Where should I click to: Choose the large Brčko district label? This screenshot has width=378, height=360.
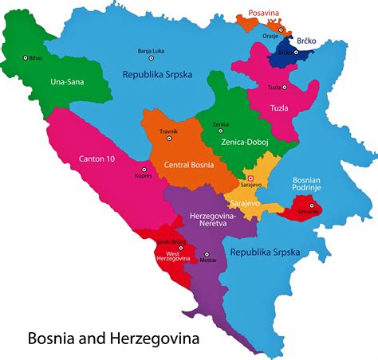pos(309,40)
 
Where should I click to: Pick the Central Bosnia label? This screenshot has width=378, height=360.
pos(188,166)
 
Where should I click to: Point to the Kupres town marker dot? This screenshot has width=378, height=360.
pos(144,170)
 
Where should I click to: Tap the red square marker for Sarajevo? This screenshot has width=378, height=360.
pos(250,178)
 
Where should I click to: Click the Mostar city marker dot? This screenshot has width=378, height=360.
pos(207,255)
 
